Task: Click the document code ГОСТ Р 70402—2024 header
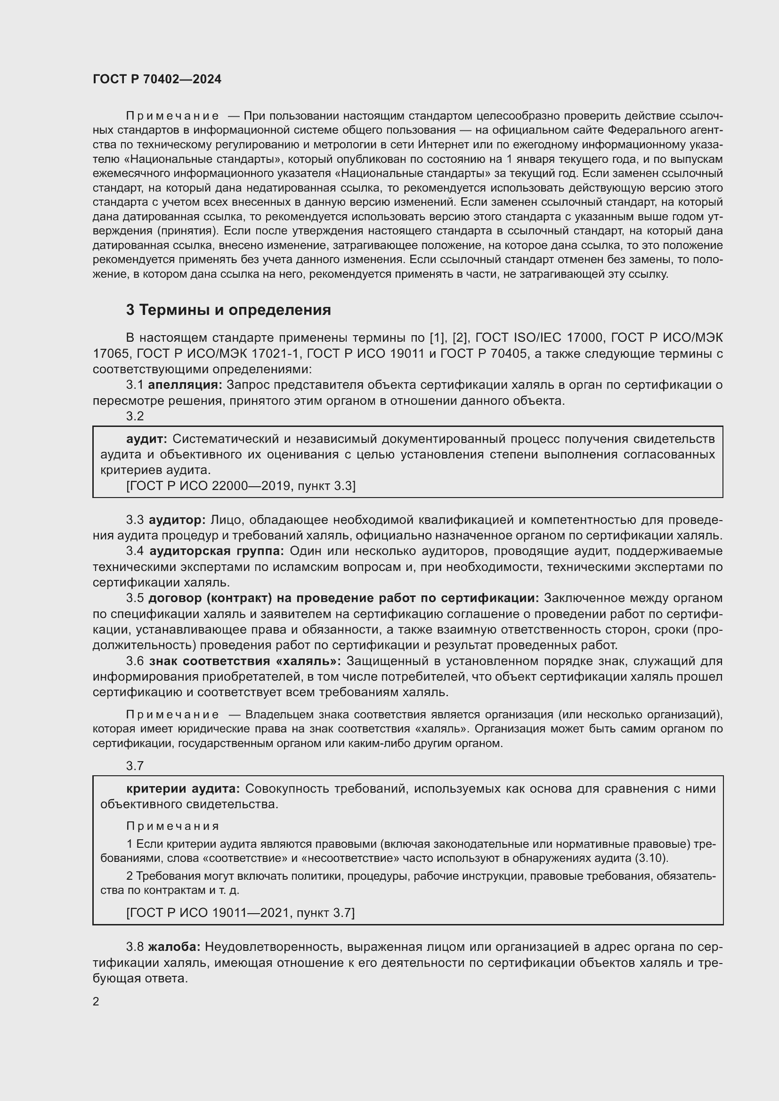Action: click(157, 79)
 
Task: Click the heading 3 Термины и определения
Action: click(228, 310)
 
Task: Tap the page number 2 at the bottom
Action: click(96, 1001)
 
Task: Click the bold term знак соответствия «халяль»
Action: click(245, 661)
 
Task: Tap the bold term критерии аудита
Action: click(183, 788)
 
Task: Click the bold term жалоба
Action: click(174, 947)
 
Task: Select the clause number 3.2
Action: click(135, 416)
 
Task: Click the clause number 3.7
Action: click(135, 765)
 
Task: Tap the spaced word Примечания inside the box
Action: click(173, 826)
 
